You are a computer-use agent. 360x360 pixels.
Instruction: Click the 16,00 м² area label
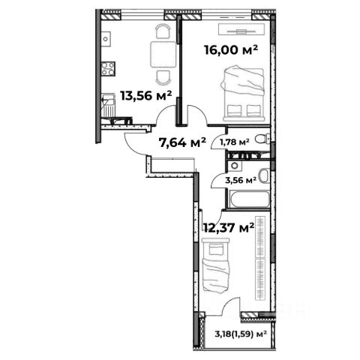coord(231,50)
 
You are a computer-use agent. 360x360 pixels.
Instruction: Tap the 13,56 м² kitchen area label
coord(146,95)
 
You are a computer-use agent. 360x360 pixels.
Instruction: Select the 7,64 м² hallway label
coord(182,142)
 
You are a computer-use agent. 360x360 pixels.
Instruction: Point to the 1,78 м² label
coord(234,142)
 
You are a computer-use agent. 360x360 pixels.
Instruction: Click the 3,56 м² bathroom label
coord(241,180)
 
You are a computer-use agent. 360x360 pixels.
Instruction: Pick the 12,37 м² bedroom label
coord(229,227)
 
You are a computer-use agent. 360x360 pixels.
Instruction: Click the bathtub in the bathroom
coord(250,199)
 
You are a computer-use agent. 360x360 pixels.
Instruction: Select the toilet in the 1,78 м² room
coord(262,139)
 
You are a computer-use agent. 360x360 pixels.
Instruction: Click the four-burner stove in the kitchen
coord(108,68)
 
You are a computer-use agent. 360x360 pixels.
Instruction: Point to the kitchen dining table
coord(163,54)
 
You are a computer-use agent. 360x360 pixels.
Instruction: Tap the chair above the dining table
coord(163,31)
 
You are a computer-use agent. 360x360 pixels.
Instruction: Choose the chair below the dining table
coord(163,77)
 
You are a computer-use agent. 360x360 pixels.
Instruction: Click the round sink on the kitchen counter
coord(106,39)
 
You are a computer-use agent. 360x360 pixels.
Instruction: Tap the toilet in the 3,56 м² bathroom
coord(264,176)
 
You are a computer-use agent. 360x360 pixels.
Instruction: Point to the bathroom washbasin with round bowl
coord(235,166)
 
